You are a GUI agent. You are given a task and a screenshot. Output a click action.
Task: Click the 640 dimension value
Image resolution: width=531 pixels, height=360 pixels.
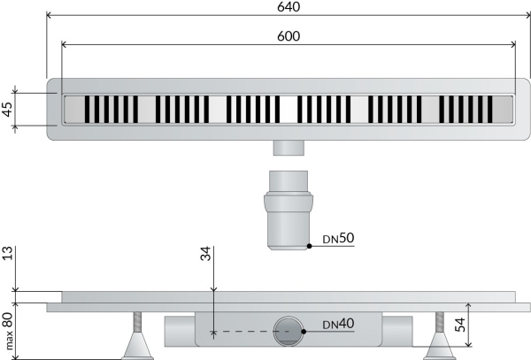[289, 7]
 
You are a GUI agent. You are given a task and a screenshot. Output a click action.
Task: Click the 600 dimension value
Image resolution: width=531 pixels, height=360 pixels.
[289, 36]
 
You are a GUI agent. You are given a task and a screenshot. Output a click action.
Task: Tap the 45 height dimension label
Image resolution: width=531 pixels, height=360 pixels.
[7, 109]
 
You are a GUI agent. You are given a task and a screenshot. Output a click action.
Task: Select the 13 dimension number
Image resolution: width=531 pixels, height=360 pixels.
[7, 254]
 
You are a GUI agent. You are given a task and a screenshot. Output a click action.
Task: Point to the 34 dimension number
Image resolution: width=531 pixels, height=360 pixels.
[205, 254]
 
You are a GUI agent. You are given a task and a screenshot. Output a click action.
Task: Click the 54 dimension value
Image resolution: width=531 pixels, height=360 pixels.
[460, 325]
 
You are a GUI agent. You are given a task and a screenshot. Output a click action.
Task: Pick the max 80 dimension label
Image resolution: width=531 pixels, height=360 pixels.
[8, 331]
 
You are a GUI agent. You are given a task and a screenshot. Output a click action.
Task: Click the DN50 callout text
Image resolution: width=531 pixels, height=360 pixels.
[338, 238]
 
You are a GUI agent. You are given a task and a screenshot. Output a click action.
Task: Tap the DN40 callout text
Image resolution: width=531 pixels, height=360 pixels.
[338, 324]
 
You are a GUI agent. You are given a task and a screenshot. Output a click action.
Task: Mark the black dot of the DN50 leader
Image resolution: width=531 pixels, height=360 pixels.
[309, 246]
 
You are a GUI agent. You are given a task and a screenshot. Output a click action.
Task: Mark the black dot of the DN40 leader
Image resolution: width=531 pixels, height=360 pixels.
[304, 332]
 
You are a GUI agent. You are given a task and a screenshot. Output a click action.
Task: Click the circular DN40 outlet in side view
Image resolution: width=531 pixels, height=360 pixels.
[289, 331]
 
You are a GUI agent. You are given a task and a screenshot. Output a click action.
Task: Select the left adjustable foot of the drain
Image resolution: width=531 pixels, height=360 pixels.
[137, 346]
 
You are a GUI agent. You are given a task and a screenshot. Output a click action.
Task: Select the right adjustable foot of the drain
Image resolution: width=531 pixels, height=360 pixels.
[440, 346]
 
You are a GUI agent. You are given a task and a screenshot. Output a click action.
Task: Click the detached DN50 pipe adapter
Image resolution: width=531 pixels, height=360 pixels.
[289, 211]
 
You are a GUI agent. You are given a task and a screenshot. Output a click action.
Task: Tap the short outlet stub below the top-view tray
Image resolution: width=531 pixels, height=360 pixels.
[289, 148]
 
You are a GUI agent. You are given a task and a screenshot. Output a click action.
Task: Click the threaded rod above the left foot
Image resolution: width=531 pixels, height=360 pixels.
[137, 322]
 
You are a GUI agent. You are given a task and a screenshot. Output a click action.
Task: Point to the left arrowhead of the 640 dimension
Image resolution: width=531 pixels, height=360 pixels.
[49, 15]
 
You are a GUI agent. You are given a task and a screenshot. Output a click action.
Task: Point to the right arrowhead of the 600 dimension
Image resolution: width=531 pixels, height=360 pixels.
[513, 44]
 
